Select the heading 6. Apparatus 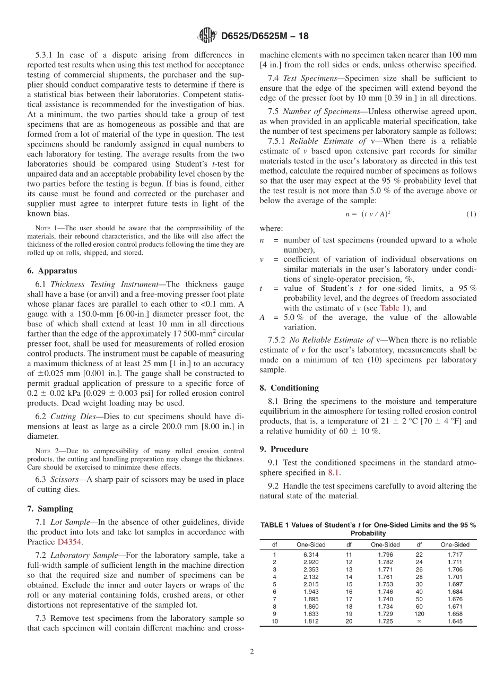(x=52, y=271)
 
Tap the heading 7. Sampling (x=50, y=508)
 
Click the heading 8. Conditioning (x=289, y=388)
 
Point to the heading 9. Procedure (x=284, y=449)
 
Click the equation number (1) (x=471, y=214)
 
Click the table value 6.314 (x=311, y=555)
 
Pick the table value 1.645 (x=455, y=621)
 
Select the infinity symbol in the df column (x=419, y=621)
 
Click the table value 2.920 (x=311, y=562)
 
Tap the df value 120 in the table (x=419, y=614)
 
